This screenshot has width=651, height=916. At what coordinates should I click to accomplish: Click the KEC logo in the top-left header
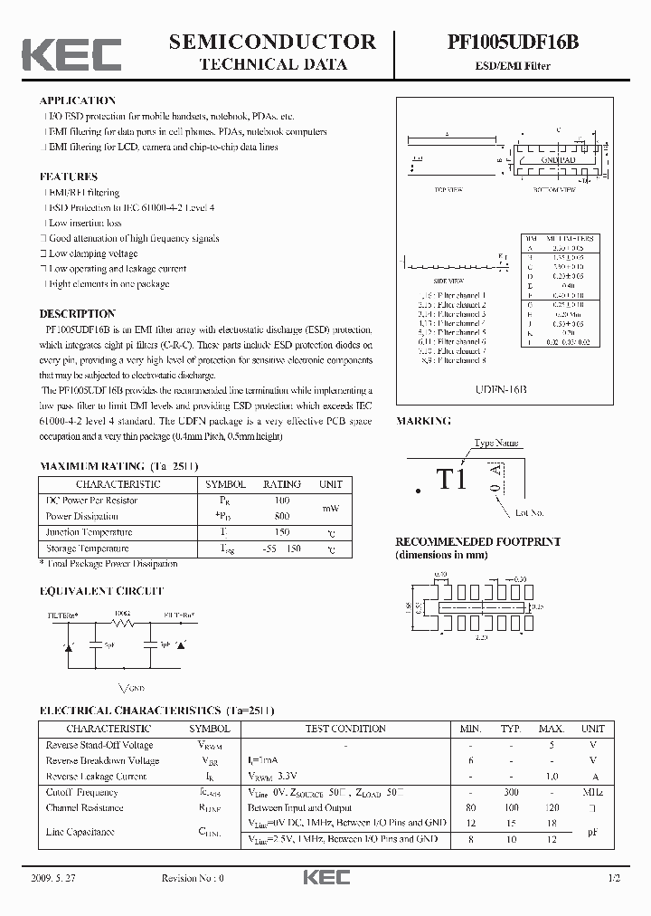[71, 53]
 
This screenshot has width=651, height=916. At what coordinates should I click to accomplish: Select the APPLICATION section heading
[78, 100]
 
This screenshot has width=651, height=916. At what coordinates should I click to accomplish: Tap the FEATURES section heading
[69, 177]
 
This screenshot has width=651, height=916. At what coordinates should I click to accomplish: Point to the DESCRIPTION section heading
[78, 314]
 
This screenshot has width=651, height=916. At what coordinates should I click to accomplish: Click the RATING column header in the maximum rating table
[281, 484]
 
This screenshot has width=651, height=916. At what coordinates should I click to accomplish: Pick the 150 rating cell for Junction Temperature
[281, 532]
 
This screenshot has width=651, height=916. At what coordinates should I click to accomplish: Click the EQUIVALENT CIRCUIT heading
[101, 591]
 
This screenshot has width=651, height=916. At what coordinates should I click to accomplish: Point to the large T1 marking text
[451, 480]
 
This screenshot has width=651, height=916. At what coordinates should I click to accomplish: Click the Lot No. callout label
[529, 513]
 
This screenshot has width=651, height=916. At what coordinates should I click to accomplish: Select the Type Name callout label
[497, 444]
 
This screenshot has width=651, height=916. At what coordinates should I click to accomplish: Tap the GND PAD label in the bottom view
[558, 159]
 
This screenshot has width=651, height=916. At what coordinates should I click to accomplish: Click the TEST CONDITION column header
[345, 729]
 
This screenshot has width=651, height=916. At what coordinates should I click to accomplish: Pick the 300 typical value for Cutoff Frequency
[511, 792]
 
